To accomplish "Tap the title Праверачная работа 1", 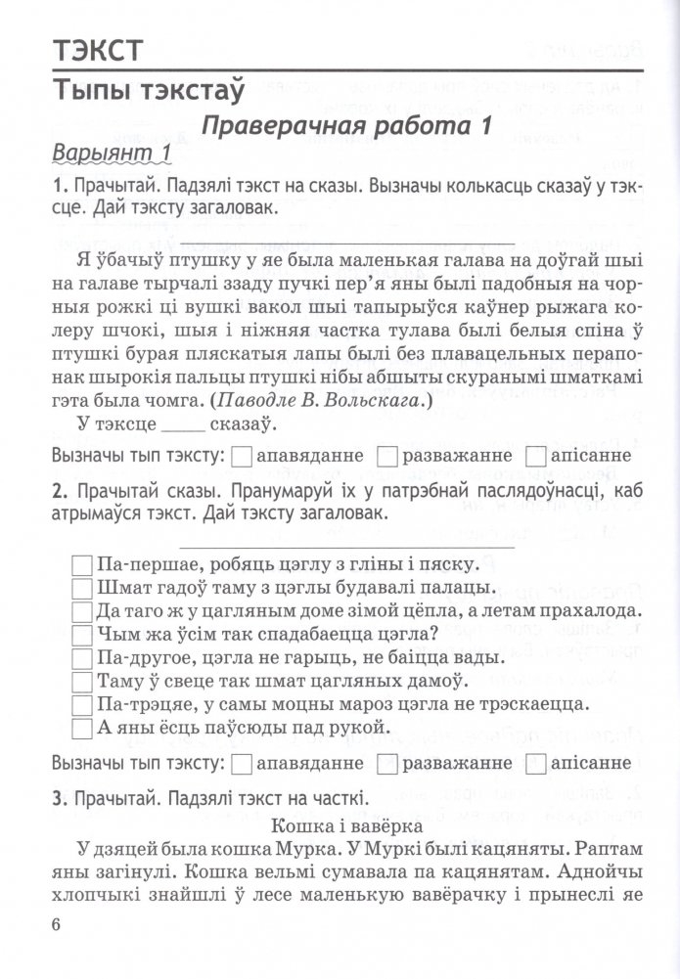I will coord(345,126).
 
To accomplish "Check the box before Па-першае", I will coord(82,564).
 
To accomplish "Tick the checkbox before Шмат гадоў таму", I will coord(82,588).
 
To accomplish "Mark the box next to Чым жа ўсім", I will coord(82,634).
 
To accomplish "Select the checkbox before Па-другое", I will coord(82,657).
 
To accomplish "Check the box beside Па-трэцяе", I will coord(82,704).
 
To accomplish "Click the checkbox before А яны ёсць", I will coord(82,728).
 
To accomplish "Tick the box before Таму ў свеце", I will coord(82,681).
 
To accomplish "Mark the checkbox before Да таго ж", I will coord(82,610).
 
